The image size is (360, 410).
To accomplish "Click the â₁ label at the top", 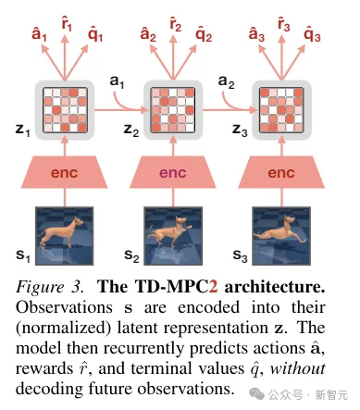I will pyautogui.click(x=39, y=34).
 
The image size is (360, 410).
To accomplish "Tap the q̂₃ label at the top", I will pyautogui.click(x=311, y=36).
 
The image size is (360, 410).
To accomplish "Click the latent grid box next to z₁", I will pyautogui.click(x=67, y=109).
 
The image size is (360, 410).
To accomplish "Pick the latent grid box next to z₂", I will pyautogui.click(x=174, y=109).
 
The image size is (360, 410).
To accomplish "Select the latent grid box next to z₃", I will pyautogui.click(x=281, y=109).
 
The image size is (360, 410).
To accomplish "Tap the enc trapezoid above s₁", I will pyautogui.click(x=67, y=173).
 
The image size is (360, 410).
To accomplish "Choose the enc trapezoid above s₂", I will pyautogui.click(x=174, y=173).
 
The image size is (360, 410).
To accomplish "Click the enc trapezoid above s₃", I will pyautogui.click(x=281, y=173).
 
